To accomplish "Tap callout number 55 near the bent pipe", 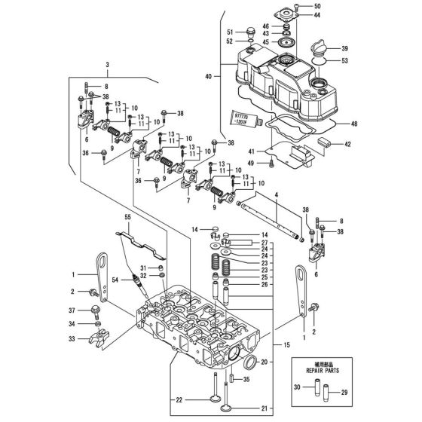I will [127, 216].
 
